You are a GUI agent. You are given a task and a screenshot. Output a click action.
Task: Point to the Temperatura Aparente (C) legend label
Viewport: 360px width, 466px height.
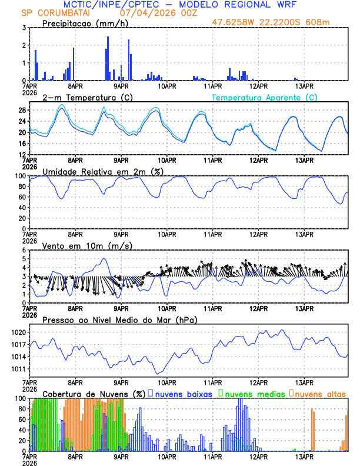[x=265, y=97]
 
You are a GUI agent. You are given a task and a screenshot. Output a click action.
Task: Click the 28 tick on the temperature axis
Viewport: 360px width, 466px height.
[x=22, y=110]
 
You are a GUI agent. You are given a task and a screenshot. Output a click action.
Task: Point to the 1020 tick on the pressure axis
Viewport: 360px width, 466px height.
[x=19, y=332]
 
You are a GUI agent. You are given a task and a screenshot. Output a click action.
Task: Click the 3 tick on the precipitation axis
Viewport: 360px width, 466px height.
[x=24, y=28]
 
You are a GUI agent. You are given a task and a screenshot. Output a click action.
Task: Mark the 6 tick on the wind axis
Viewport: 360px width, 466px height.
[x=24, y=250]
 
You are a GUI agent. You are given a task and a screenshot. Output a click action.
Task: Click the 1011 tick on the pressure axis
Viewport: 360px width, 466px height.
[x=19, y=370]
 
